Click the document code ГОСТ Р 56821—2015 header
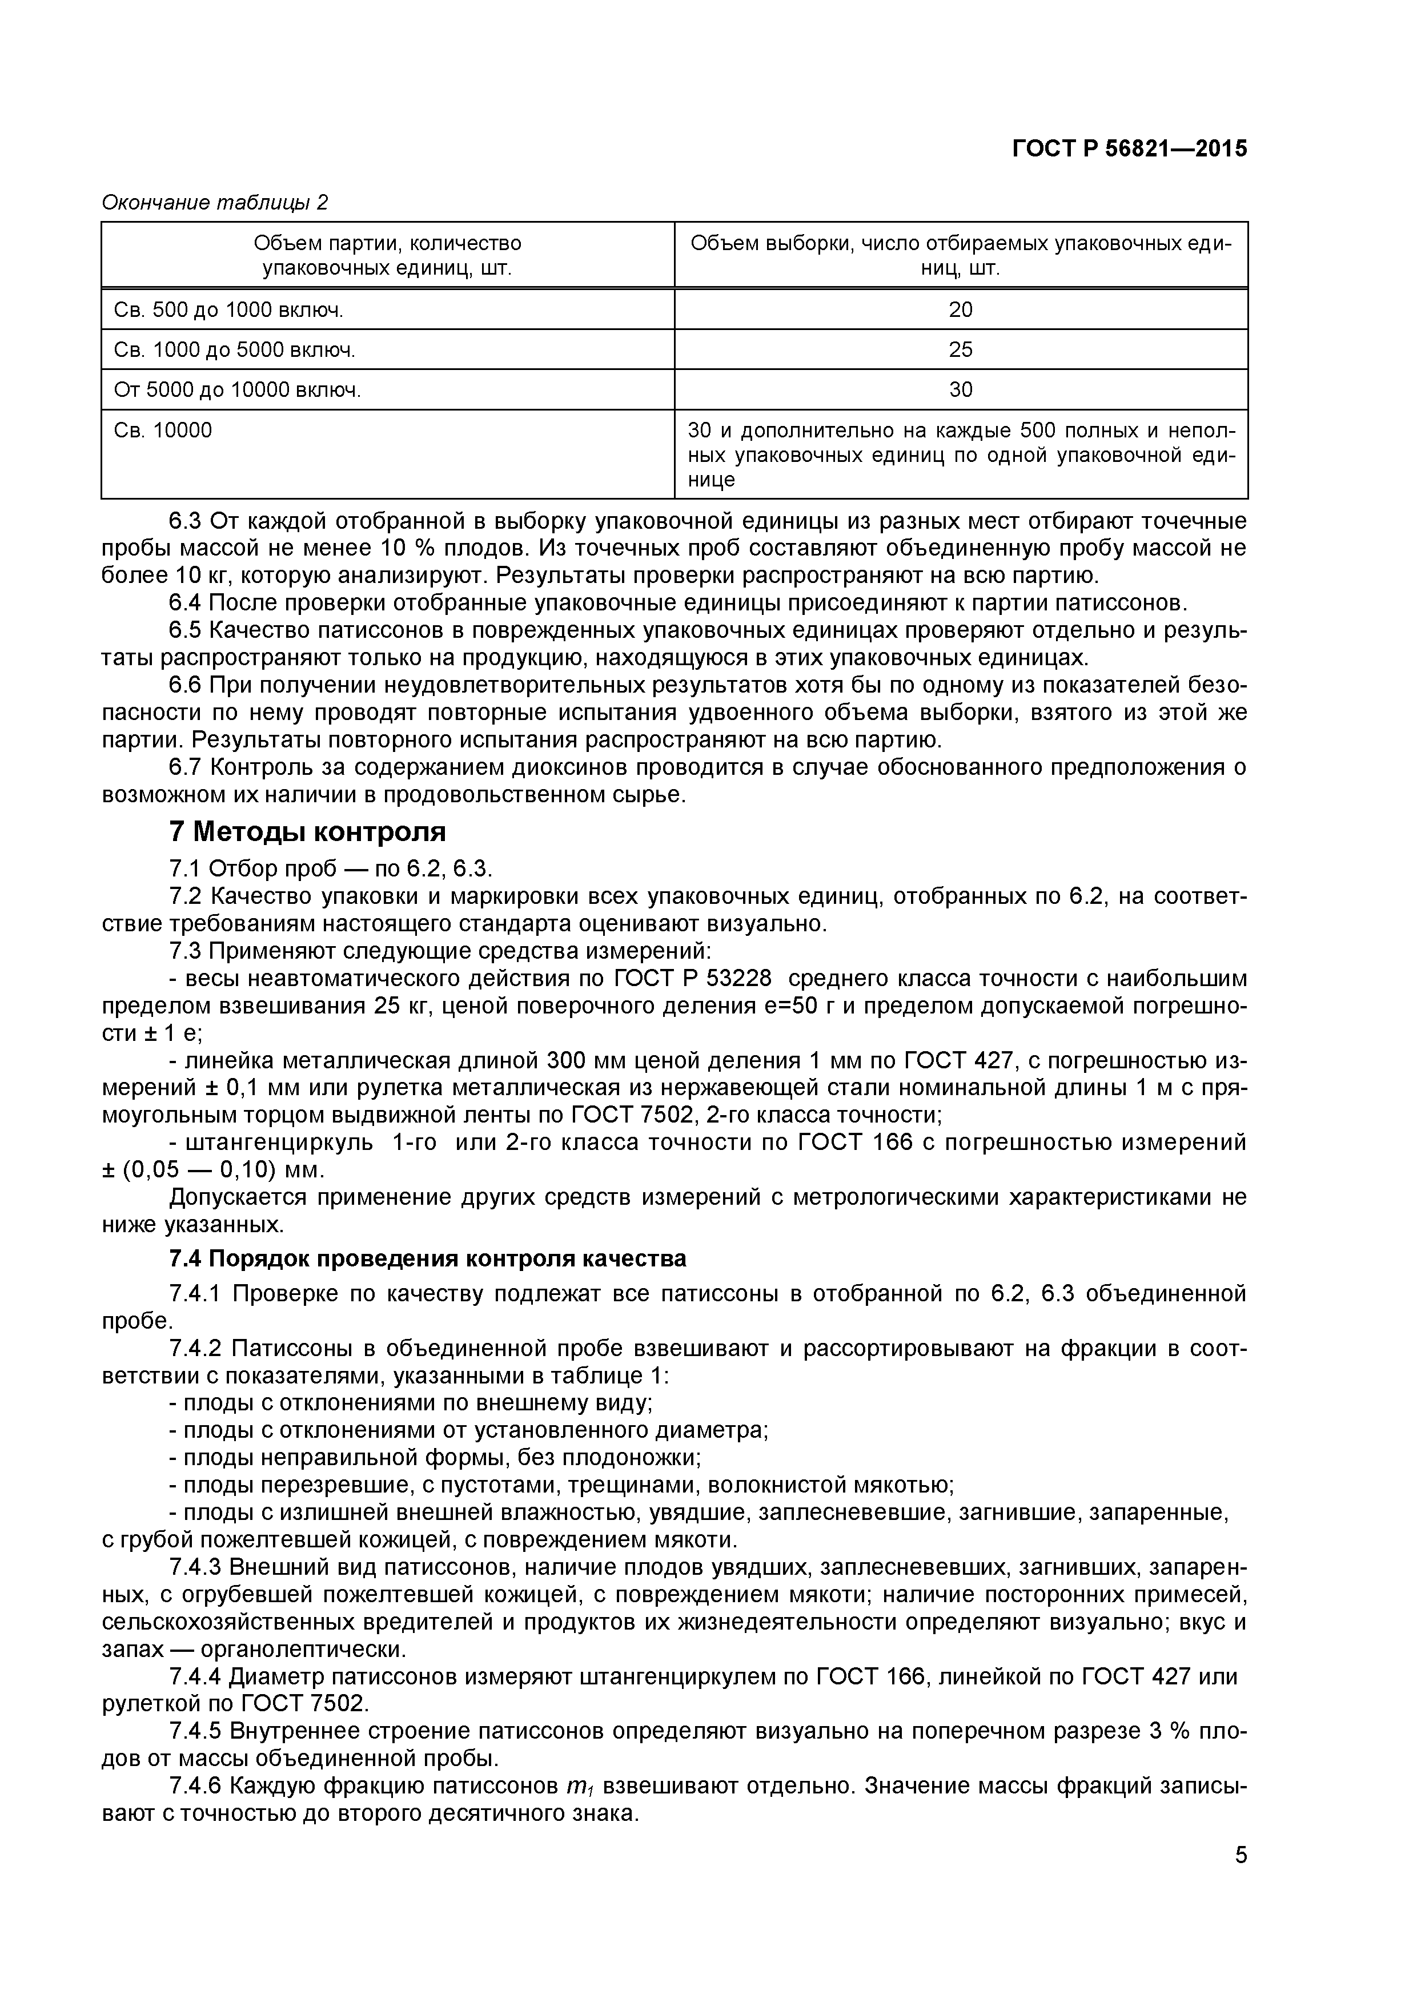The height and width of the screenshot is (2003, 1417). [x=1129, y=149]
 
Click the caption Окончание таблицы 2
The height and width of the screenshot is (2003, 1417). [x=215, y=202]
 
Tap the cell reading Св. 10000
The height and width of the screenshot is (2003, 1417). [x=163, y=430]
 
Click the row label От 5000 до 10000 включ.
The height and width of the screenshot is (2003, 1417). [x=238, y=390]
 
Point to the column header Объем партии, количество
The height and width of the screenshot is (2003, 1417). [x=387, y=243]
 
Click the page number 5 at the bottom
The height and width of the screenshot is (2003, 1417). [x=1240, y=1879]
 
